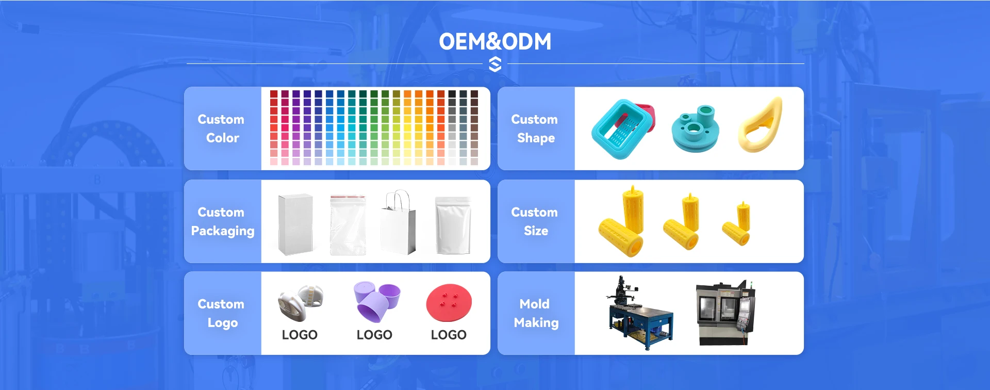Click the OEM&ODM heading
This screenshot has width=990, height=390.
(x=495, y=41)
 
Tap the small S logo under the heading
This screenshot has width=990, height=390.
(x=495, y=64)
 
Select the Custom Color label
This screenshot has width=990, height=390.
(x=222, y=128)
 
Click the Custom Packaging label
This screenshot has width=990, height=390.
(x=222, y=221)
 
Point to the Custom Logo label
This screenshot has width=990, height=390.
(x=222, y=313)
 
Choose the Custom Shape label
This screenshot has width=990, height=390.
(x=535, y=128)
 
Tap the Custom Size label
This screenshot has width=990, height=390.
(x=535, y=221)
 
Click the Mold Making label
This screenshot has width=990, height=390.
(x=536, y=313)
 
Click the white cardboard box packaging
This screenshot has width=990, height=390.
(x=295, y=224)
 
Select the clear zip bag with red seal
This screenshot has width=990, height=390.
(x=348, y=225)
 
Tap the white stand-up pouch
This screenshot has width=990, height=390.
(x=453, y=225)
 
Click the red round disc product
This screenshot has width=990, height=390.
(x=449, y=303)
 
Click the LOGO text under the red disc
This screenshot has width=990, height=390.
(x=449, y=335)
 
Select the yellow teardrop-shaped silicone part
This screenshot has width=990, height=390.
(x=760, y=126)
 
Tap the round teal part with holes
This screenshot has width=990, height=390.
(x=695, y=129)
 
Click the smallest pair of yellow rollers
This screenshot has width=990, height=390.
(x=737, y=225)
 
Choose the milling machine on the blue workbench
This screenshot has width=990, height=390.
(x=640, y=313)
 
